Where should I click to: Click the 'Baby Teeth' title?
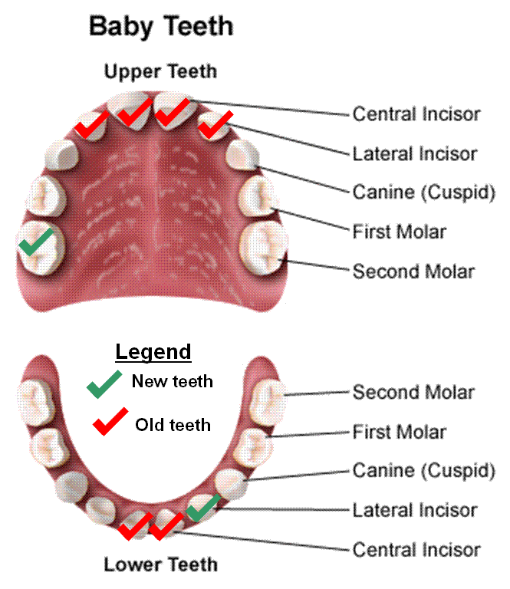click(x=161, y=26)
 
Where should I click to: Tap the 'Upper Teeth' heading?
click(x=161, y=71)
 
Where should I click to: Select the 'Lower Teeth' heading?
click(x=161, y=564)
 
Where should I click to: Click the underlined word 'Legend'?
click(x=153, y=352)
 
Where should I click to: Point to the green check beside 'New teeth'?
click(x=104, y=384)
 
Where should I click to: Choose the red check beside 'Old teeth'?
click(x=110, y=422)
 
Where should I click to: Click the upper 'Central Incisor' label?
click(x=416, y=114)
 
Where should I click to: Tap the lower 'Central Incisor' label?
click(x=416, y=550)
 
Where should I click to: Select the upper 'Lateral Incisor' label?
click(x=415, y=154)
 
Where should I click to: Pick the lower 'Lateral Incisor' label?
click(x=415, y=511)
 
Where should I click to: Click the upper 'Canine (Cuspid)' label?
click(x=424, y=192)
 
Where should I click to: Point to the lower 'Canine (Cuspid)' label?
click(x=424, y=471)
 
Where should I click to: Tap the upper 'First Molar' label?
click(x=400, y=232)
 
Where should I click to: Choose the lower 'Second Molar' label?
click(x=414, y=393)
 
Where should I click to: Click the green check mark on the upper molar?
click(x=36, y=242)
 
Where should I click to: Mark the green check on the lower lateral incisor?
click(x=203, y=508)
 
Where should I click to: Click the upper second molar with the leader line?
click(x=264, y=248)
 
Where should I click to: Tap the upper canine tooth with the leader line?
click(x=242, y=155)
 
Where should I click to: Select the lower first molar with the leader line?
click(x=253, y=447)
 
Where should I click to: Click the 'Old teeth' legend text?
click(x=173, y=425)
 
